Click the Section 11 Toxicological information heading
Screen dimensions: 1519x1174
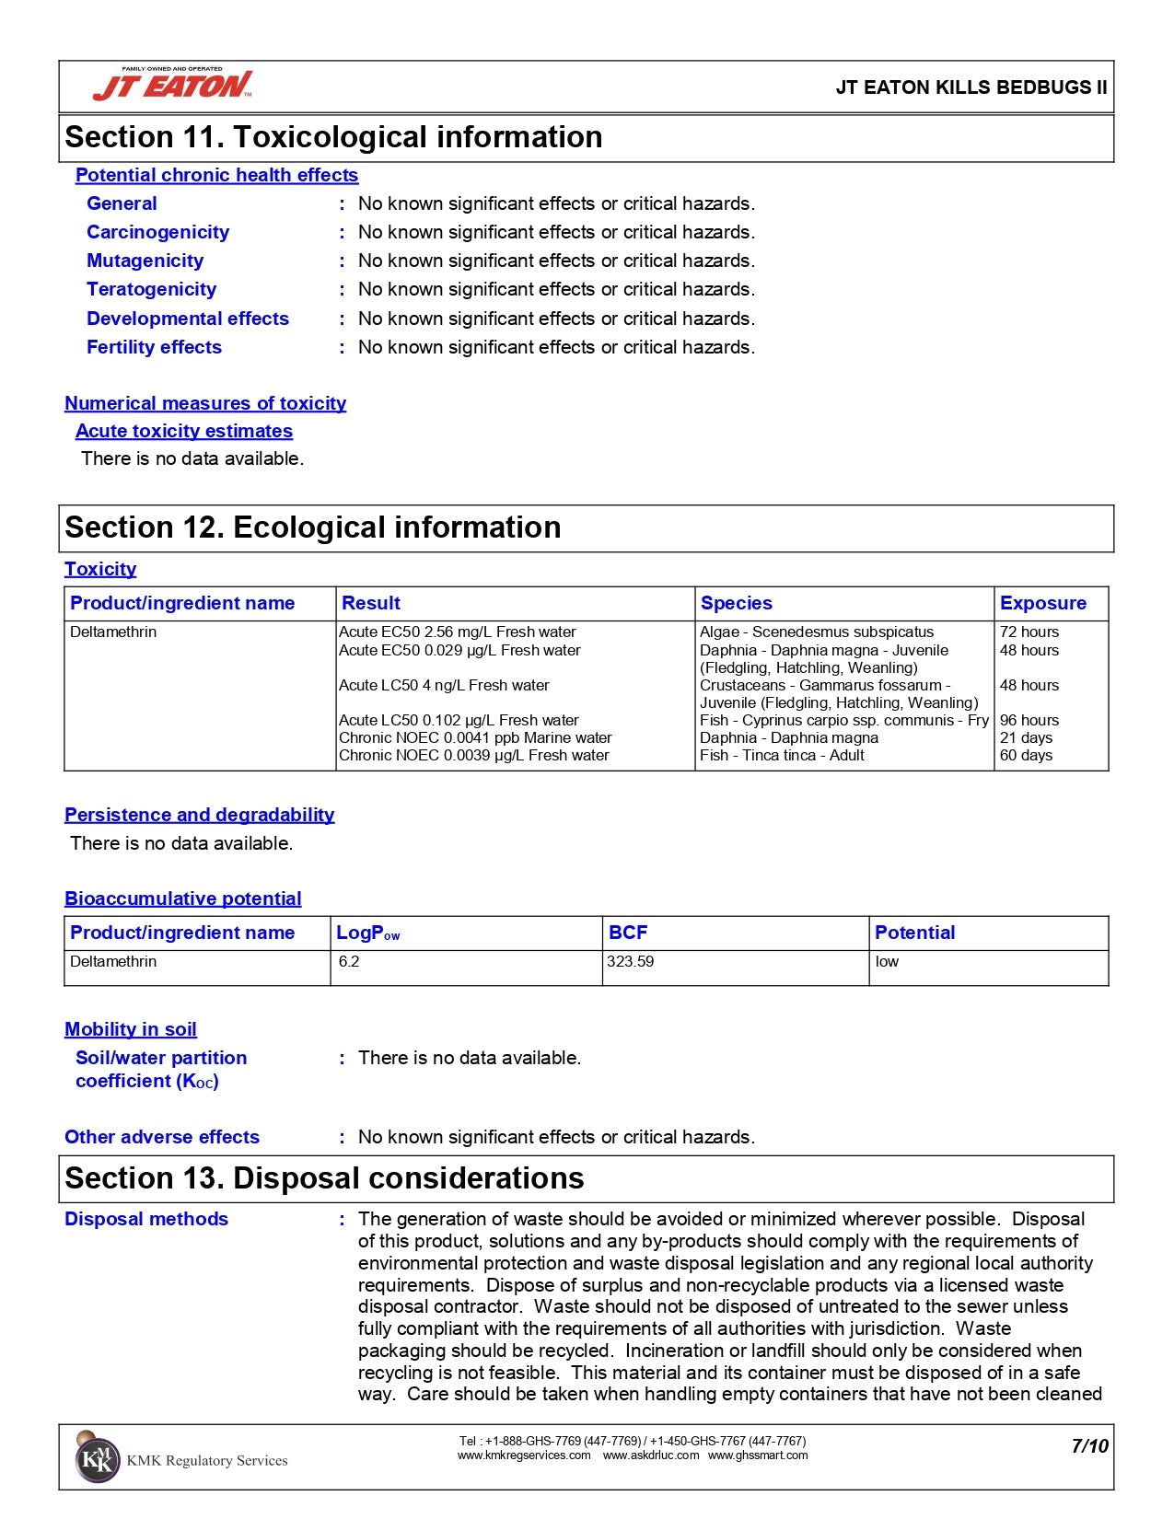pos(333,137)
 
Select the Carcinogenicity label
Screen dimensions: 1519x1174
pos(157,232)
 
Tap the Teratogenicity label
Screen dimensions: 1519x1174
pos(151,289)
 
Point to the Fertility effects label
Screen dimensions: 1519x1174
pos(154,347)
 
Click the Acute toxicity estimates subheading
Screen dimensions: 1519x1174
pos(184,431)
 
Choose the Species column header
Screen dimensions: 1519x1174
pos(736,603)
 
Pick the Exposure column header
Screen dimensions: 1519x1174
pos(1042,603)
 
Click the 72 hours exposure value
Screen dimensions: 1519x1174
pos(1029,632)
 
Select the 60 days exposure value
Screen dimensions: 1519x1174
pos(1026,756)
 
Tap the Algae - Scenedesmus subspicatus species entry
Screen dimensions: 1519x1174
pos(816,632)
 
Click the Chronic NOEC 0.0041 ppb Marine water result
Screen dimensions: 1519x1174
pos(475,738)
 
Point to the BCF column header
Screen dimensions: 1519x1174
pos(628,933)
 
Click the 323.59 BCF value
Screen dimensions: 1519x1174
pos(631,962)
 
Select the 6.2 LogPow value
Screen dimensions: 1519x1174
pos(349,962)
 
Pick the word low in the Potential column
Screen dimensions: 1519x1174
pos(887,962)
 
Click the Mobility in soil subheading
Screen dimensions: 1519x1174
pos(131,1029)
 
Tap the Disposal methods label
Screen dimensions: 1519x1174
pos(146,1219)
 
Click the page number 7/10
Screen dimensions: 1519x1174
pos(1089,1446)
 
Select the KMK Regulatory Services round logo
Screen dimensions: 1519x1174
pos(97,1459)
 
